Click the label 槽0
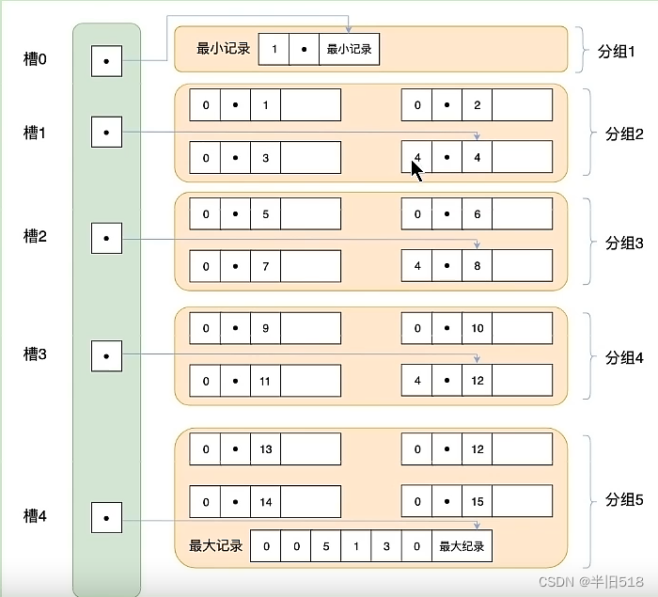pos(35,59)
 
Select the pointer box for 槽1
pos(106,133)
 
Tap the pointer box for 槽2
pos(106,238)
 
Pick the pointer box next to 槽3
pos(106,355)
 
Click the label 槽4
pos(35,516)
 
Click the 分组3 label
pos(624,243)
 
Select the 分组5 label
pos(624,499)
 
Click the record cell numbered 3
pos(266,158)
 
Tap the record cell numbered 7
pos(266,266)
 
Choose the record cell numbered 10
pos(478,329)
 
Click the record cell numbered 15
pos(478,502)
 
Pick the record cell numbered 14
pos(266,502)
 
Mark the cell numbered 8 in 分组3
pos(478,266)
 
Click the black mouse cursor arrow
pos(416,170)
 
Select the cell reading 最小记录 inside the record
pos(349,49)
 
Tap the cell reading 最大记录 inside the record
pos(461,546)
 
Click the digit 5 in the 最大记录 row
pos(326,546)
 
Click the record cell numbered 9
pos(266,329)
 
